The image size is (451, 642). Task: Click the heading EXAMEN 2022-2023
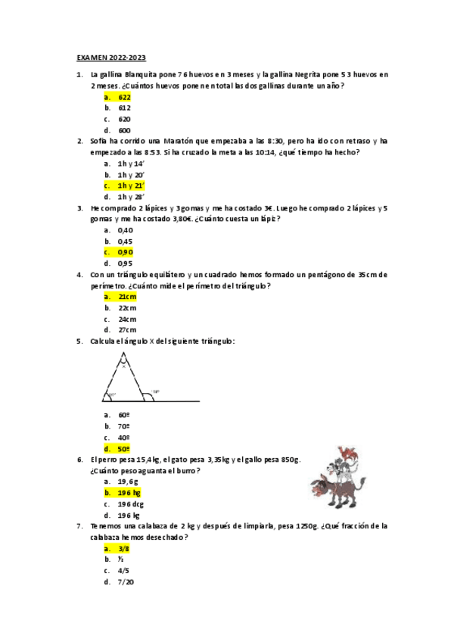click(x=111, y=58)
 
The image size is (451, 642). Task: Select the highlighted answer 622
click(x=125, y=97)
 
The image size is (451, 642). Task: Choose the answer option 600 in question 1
click(x=125, y=130)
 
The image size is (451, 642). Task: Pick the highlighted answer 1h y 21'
click(x=131, y=185)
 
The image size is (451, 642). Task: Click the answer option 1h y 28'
click(x=131, y=197)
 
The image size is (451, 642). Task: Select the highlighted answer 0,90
click(x=126, y=252)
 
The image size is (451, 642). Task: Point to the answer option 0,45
click(x=126, y=242)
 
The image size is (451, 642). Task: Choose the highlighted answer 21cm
click(x=127, y=297)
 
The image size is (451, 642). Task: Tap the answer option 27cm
click(x=127, y=330)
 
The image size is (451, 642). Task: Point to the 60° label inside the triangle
click(x=112, y=395)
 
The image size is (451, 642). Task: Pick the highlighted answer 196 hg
click(x=129, y=492)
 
